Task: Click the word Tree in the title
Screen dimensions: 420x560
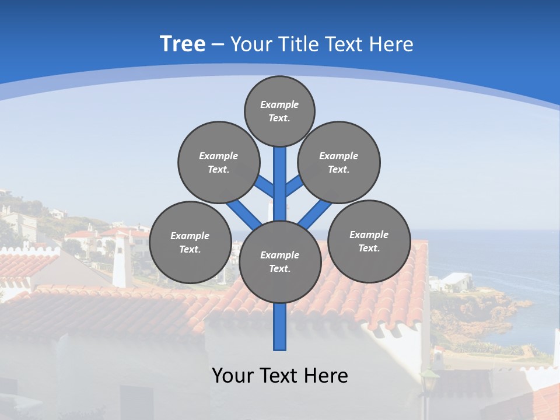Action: [183, 44]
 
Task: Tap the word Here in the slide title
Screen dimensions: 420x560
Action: [391, 44]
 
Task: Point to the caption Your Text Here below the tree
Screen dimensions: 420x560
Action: [279, 375]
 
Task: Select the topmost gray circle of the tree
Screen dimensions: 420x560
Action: [279, 111]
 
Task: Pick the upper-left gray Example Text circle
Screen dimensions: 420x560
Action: [219, 162]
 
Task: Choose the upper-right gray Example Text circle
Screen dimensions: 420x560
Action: [339, 162]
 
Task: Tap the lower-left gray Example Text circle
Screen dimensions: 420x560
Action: [190, 242]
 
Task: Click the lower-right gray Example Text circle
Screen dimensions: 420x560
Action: [369, 241]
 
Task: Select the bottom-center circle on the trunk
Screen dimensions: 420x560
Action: [280, 261]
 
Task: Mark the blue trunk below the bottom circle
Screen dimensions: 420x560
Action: [280, 327]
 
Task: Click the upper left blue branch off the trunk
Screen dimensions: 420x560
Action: [265, 187]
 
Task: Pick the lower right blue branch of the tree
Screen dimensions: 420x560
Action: [312, 216]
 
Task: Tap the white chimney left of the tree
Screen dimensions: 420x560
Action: [122, 262]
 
